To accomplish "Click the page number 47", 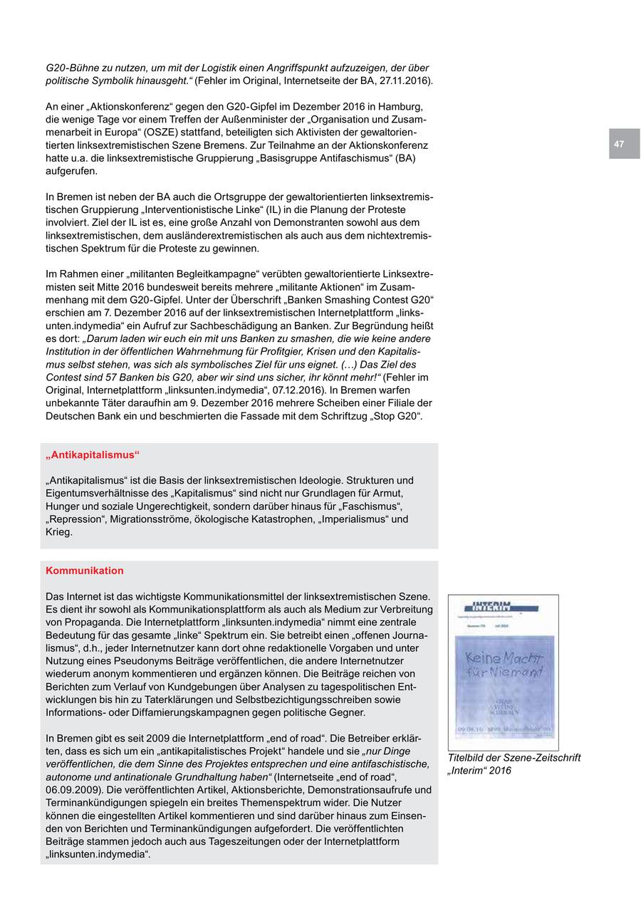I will [x=619, y=144].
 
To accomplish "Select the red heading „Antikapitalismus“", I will [x=93, y=454].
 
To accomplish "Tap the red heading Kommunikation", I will [x=84, y=571].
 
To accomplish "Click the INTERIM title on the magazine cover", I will [x=492, y=606].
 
